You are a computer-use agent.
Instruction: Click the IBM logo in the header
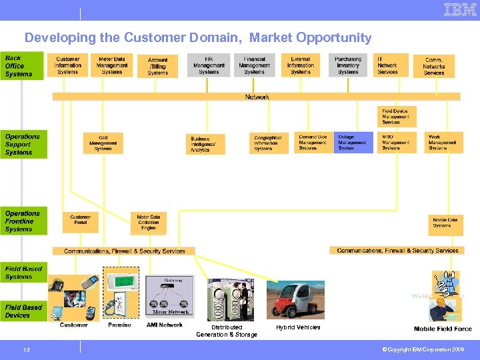[460, 9]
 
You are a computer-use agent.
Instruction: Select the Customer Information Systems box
[67, 65]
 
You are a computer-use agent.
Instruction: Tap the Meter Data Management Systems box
[112, 65]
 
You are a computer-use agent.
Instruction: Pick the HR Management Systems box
[209, 65]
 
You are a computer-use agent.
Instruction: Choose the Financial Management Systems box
[254, 65]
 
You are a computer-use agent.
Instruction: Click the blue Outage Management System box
[353, 143]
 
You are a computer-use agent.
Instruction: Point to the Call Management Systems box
[103, 143]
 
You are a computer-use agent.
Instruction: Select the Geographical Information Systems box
[269, 143]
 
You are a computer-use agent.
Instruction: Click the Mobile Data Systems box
[445, 223]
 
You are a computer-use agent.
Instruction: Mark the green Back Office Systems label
[23, 67]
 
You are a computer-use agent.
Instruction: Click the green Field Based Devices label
[23, 311]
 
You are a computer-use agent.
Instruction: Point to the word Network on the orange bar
[257, 97]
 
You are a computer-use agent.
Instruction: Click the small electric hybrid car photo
[295, 299]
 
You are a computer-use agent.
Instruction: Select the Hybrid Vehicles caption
[298, 327]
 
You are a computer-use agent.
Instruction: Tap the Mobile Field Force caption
[443, 329]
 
